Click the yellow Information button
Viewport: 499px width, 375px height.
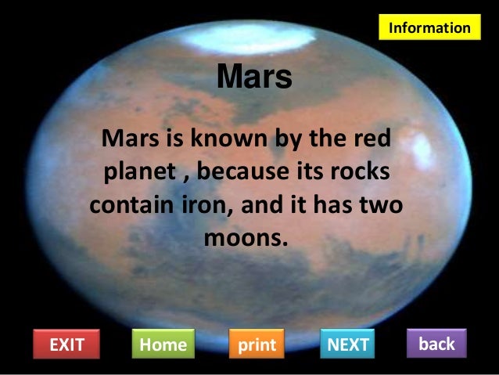pyautogui.click(x=430, y=27)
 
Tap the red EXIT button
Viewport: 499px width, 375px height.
pyautogui.click(x=66, y=344)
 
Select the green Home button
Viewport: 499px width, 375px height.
pyautogui.click(x=163, y=344)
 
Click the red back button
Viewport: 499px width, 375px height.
pyautogui.click(x=436, y=343)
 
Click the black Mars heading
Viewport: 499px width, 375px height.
pyautogui.click(x=253, y=78)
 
